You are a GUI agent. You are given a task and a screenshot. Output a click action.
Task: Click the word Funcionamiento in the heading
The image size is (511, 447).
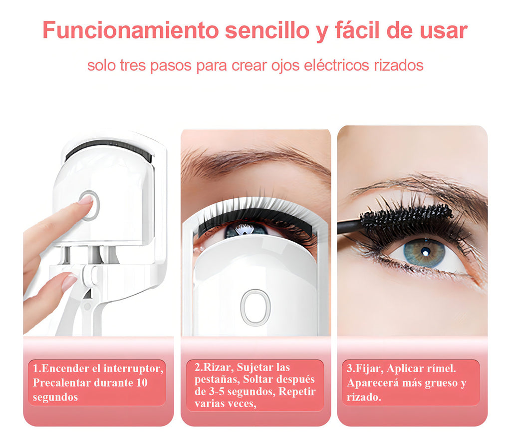click(x=130, y=30)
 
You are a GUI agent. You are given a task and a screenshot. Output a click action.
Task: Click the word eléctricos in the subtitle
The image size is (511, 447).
click(x=336, y=65)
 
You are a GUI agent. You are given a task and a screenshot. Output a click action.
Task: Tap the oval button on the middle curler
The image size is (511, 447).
click(x=255, y=307)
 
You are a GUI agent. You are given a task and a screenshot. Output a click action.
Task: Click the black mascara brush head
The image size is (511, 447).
click(x=406, y=217)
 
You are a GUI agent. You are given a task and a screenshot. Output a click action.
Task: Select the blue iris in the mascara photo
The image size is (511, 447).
click(x=424, y=253)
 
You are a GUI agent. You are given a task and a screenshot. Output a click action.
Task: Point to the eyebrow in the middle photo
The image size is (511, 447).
click(x=254, y=160)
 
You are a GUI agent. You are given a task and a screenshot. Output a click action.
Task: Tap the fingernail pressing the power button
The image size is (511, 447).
click(x=86, y=200)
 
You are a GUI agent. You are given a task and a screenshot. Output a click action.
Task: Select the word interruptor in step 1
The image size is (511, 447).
click(x=133, y=369)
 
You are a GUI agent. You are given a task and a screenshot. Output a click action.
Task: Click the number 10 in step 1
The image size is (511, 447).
click(x=142, y=383)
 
